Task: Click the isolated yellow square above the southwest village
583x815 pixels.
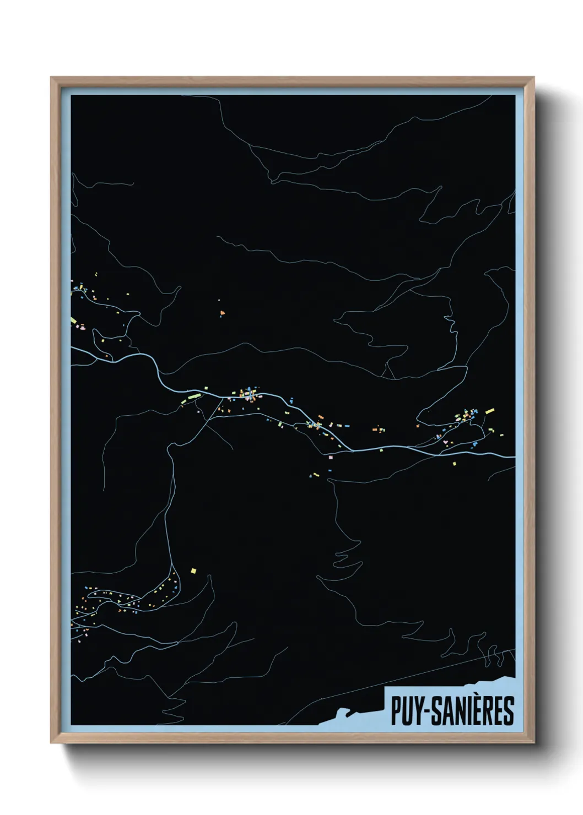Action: tap(193, 570)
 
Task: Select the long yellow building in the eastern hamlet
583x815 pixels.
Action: tap(489, 411)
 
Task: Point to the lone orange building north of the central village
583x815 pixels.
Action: tap(222, 313)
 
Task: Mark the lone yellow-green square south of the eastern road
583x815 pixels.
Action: tap(454, 464)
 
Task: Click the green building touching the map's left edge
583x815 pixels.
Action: tap(73, 320)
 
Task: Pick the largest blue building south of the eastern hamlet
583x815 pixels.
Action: tap(475, 443)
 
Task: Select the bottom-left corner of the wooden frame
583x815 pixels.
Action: tap(52, 742)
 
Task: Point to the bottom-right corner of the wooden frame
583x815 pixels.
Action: tap(533, 742)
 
